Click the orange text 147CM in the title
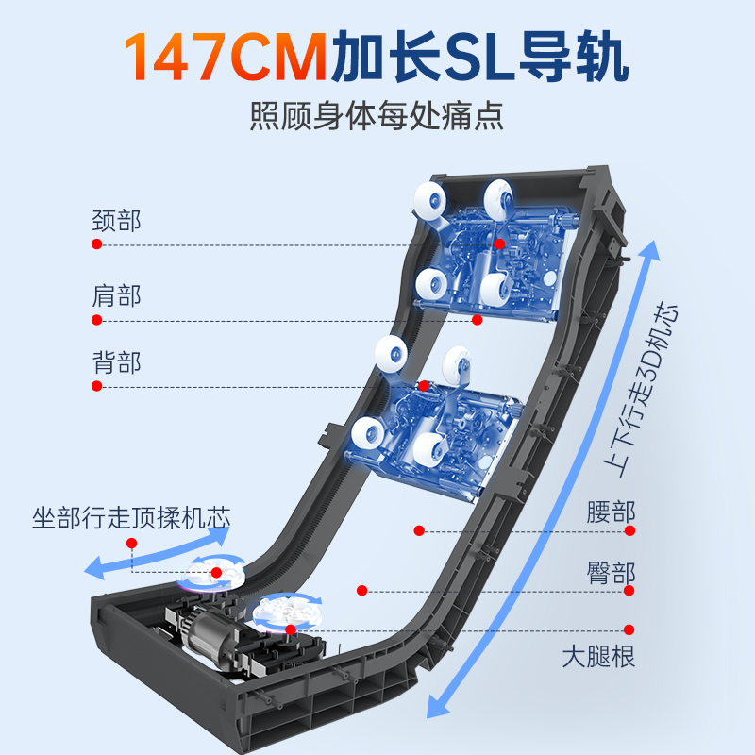coord(226,59)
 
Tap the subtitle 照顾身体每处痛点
coord(377,116)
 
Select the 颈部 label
coord(116,221)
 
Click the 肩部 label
coord(116,295)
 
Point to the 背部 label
coord(116,362)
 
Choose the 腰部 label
coord(611,512)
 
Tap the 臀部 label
coord(611,573)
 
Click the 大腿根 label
coord(598,654)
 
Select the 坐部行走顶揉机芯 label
coord(131,518)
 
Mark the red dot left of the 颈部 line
coord(96,244)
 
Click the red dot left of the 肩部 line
coord(96,320)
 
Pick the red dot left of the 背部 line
coord(96,386)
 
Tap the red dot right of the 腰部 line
coord(629,530)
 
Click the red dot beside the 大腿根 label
coord(629,629)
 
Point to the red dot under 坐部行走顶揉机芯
coord(132,544)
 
